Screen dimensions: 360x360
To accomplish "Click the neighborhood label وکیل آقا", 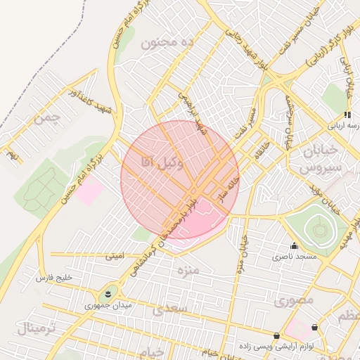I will [162, 163].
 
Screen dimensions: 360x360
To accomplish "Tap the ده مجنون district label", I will [167, 43].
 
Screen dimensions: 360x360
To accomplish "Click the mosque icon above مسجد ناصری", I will [294, 246].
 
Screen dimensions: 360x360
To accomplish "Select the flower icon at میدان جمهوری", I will [108, 293].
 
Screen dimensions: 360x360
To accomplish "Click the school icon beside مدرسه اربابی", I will [347, 115].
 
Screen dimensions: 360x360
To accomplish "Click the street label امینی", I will [115, 257].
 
